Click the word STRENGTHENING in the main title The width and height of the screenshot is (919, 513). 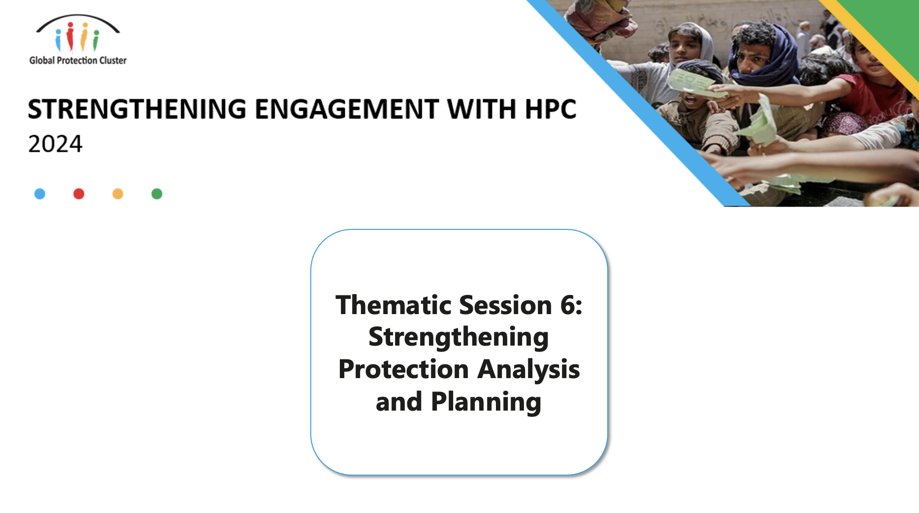[137, 109]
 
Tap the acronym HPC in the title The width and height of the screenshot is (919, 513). [550, 109]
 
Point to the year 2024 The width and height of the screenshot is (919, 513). [55, 144]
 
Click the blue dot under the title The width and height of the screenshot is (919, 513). [40, 194]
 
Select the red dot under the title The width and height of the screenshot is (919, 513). [79, 194]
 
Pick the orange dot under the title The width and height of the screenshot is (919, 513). [118, 194]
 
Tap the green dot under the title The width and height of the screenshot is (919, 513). [157, 194]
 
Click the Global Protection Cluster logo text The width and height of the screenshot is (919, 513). [78, 61]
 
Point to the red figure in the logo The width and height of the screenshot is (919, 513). [70, 36]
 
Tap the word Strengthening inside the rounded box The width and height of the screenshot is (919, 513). [459, 338]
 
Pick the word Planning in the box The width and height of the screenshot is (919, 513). [486, 402]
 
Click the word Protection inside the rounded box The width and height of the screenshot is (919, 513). [403, 370]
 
